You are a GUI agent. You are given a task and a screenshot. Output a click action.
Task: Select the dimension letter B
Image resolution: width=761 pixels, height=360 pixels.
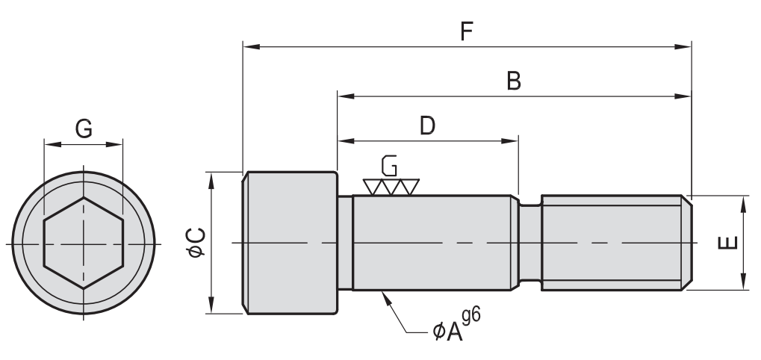514,81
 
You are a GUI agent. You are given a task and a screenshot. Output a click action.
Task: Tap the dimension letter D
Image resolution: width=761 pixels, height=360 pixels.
426,125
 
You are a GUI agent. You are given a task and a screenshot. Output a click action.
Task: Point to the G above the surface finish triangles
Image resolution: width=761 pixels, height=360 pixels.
388,165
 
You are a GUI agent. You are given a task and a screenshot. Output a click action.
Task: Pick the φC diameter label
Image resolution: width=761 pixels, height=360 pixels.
196,243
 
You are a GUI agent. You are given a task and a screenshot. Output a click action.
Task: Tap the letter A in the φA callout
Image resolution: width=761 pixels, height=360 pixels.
451,331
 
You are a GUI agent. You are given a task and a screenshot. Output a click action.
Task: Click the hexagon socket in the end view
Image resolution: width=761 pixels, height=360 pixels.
82,243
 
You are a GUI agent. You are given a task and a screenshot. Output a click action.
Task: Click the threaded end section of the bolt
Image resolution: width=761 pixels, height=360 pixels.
612,243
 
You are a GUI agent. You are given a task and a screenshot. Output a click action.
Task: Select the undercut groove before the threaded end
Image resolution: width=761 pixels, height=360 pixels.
529,243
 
